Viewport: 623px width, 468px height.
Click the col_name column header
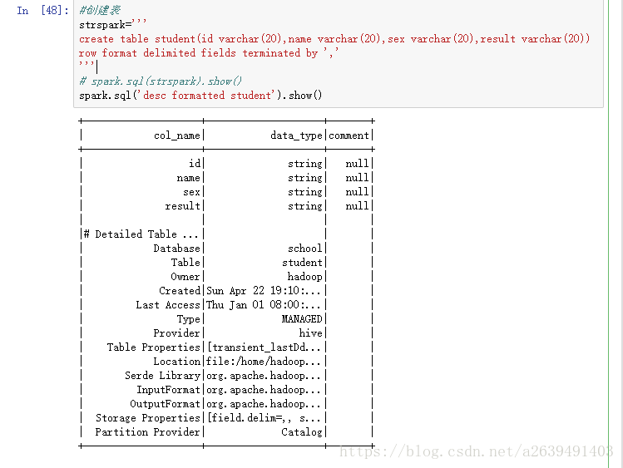[177, 135]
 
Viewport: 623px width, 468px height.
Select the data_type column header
[296, 135]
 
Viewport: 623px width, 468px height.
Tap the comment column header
[349, 135]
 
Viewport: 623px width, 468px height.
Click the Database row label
[176, 249]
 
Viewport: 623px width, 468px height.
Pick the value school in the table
[305, 249]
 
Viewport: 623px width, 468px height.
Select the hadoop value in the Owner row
[305, 277]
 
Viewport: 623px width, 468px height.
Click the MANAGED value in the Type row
[302, 319]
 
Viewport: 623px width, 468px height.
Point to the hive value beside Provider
[310, 333]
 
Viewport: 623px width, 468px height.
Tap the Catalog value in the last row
[302, 432]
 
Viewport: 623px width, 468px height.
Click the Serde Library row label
[162, 376]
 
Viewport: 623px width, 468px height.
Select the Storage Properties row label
[148, 418]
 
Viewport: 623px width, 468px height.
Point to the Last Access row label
[168, 305]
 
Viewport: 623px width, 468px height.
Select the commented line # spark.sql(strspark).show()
[161, 81]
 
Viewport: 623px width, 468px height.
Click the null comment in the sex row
[357, 192]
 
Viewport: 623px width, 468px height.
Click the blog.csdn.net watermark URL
[477, 452]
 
